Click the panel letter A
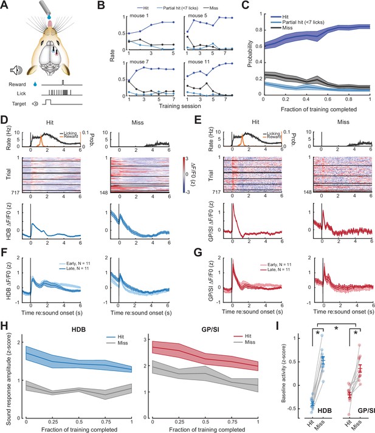pos(4,5)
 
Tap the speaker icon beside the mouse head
pos(16,70)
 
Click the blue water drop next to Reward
pos(35,84)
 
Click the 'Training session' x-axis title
pos(180,106)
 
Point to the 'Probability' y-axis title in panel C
pos(250,53)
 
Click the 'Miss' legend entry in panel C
pos(287,28)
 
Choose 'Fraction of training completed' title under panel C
pos(319,109)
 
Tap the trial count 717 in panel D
pos(16,192)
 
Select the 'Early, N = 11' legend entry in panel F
pos(75,264)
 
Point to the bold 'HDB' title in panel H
pos(78,329)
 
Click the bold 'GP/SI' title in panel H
pos(211,329)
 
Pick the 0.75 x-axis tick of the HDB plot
pos(106,422)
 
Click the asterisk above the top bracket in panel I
pos(336,329)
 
